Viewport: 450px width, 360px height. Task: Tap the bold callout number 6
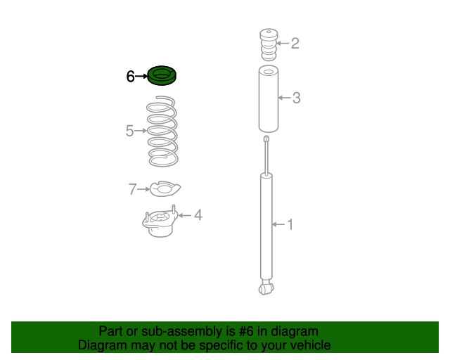(x=130, y=77)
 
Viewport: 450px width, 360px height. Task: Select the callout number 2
(x=295, y=44)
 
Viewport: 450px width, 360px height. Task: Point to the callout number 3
(x=297, y=98)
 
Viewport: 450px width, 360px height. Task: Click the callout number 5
(x=129, y=131)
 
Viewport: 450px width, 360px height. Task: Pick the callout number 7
(x=132, y=189)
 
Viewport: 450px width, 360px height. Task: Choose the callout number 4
(x=198, y=215)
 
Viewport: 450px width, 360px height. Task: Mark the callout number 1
(x=290, y=224)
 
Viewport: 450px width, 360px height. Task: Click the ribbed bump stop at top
(x=269, y=44)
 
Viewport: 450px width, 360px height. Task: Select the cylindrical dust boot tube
(x=269, y=99)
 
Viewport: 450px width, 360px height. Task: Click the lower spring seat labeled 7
(x=165, y=188)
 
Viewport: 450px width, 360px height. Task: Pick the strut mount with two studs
(x=160, y=221)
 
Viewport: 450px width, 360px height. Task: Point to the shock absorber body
(x=266, y=227)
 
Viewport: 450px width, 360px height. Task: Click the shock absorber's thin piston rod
(x=267, y=155)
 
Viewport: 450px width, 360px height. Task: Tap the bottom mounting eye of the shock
(x=266, y=288)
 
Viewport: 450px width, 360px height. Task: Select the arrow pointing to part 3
(x=284, y=98)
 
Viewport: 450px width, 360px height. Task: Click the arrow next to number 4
(x=185, y=215)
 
